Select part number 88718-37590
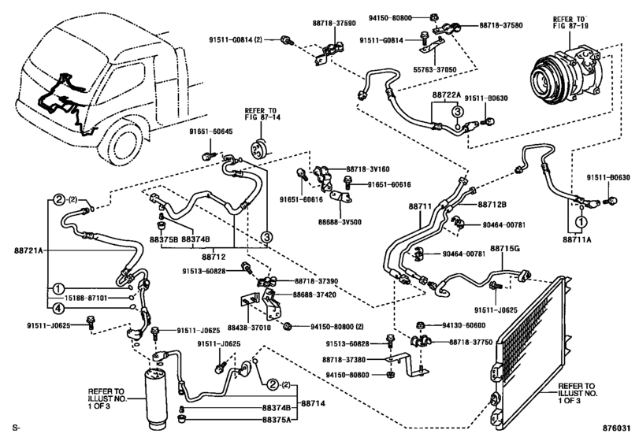click(334, 23)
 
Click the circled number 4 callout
click(58, 309)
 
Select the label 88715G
click(505, 248)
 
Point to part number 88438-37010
click(249, 327)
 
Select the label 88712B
click(492, 205)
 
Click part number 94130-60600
click(464, 325)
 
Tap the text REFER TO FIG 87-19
click(569, 22)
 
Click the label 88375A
click(277, 419)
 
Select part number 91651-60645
click(210, 132)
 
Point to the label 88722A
click(446, 95)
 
